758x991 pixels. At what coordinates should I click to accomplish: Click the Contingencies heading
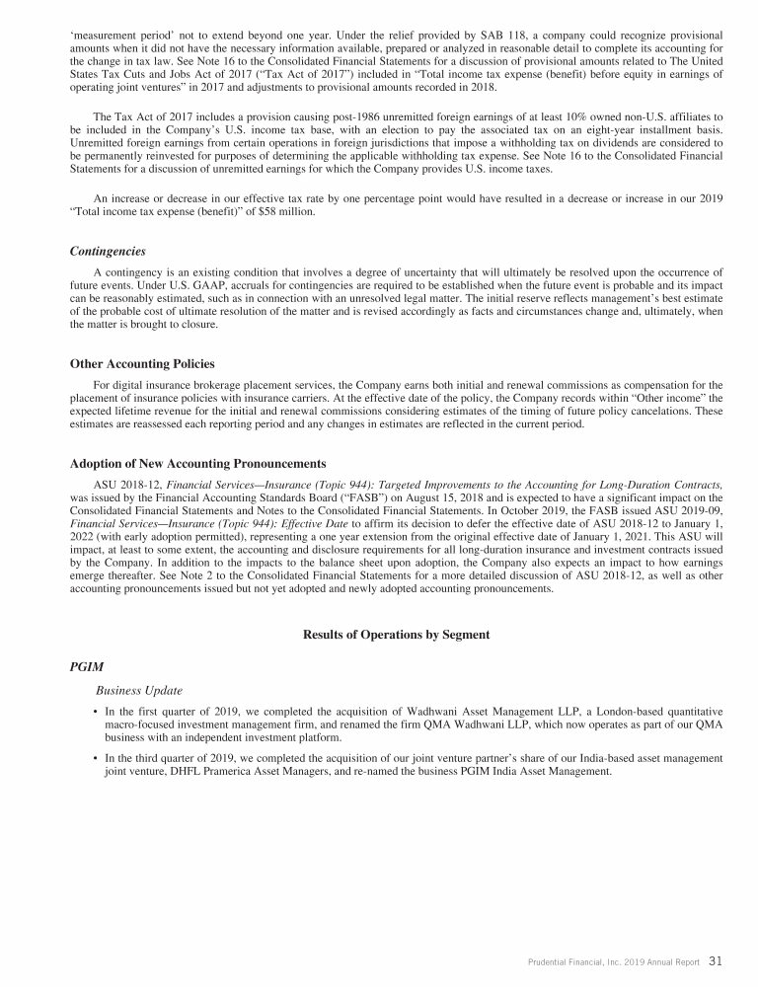[108, 251]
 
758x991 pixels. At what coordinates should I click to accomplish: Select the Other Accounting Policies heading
[142, 364]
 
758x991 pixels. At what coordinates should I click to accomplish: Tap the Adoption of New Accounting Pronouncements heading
[197, 463]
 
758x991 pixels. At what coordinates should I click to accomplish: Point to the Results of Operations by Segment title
[396, 634]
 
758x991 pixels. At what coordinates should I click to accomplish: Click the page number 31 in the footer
[716, 960]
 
